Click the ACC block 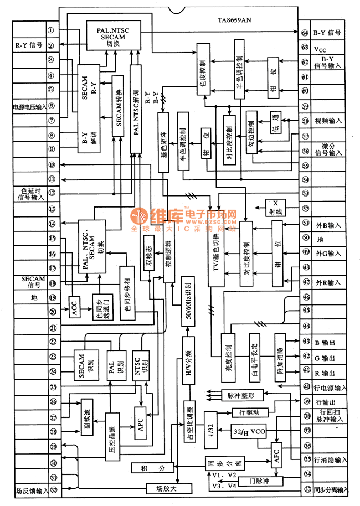(x=75, y=305)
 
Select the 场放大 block (x=169, y=488)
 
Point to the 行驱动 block (x=245, y=412)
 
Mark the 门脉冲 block (x=259, y=480)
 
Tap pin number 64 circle (x=305, y=33)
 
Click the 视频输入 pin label (x=327, y=121)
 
